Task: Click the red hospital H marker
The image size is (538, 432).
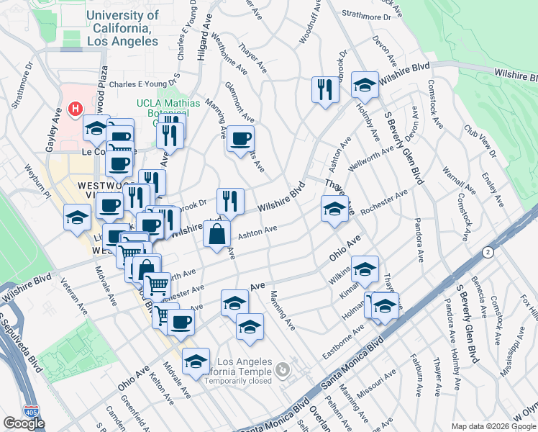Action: (x=74, y=109)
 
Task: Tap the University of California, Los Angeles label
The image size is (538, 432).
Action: (x=122, y=29)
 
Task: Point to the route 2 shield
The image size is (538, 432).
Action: (x=488, y=251)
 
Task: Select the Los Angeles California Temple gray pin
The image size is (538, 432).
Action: (x=283, y=370)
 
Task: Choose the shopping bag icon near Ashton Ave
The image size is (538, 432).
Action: (x=216, y=235)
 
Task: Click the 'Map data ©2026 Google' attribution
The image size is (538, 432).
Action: (x=493, y=426)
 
